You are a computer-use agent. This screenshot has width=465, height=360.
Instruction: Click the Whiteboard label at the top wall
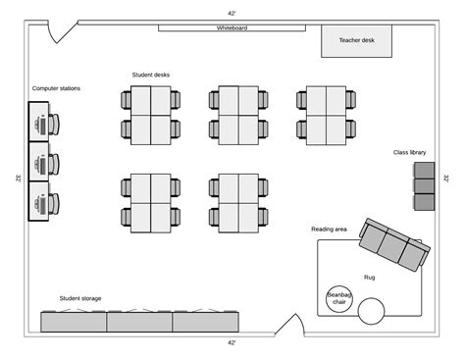pos(232,28)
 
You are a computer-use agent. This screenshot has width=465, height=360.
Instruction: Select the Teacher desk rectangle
pos(356,41)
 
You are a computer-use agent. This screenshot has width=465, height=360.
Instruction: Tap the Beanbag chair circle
pos(339,298)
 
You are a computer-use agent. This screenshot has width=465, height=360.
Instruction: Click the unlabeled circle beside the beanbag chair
pos(372,311)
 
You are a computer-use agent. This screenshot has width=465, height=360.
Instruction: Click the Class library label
pos(409,152)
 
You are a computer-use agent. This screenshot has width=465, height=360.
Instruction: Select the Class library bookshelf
pos(425,185)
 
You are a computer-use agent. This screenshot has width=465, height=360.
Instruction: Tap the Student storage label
pos(79,298)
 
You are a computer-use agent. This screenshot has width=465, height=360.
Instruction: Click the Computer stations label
pos(56,88)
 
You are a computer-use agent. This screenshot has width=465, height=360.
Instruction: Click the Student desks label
pos(151,75)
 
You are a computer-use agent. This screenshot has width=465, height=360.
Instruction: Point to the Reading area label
pos(329,230)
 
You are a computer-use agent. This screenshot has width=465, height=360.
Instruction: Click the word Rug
pos(370,277)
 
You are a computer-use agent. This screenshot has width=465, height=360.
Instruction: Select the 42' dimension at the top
pos(232,14)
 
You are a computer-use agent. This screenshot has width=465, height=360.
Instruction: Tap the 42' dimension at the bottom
pos(232,342)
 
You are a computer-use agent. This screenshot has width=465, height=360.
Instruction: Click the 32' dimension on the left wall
pos(18,179)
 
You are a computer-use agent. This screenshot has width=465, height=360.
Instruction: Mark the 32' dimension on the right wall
pos(446,179)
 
